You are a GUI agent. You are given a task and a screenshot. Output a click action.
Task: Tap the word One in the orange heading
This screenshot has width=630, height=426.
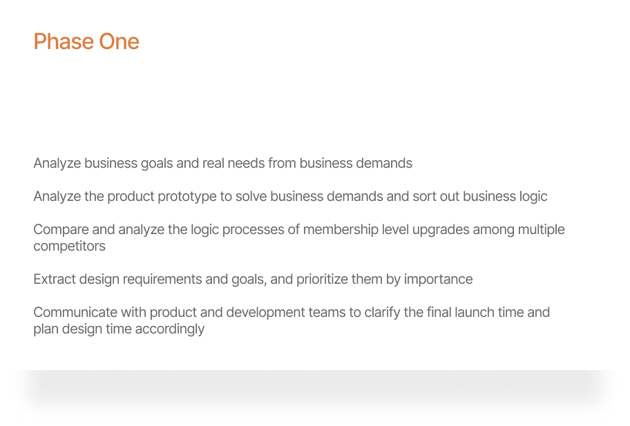(x=119, y=42)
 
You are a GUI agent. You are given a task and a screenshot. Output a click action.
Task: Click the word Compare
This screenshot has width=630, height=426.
(x=61, y=230)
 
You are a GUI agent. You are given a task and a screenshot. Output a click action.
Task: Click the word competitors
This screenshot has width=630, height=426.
(x=70, y=246)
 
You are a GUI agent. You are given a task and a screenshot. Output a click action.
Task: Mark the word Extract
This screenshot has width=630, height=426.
(x=55, y=280)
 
